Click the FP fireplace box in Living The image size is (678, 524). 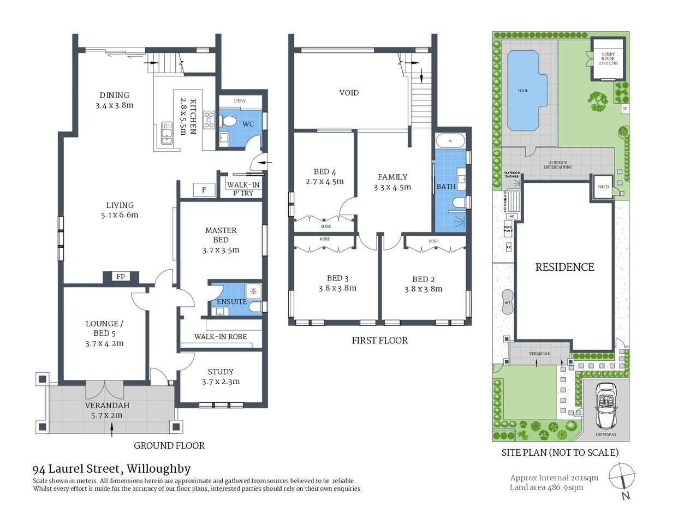click(120, 277)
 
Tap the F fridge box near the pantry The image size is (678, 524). click(204, 190)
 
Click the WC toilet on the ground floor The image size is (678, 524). click(229, 121)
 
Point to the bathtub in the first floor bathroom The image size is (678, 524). click(450, 141)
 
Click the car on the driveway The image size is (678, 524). click(605, 405)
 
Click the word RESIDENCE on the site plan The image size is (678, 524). click(564, 267)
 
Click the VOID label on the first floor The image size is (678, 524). click(349, 93)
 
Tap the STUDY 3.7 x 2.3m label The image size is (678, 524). click(221, 377)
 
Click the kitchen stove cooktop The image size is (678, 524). click(209, 120)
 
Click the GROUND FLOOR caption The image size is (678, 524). click(169, 445)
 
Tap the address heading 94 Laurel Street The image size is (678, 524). click(111, 469)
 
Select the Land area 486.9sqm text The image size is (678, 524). click(546, 487)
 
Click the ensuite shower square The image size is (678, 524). click(253, 290)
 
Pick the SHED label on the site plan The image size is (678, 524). click(603, 187)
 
